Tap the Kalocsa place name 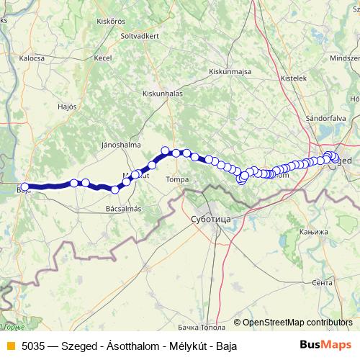(32, 57)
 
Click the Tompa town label (176, 179)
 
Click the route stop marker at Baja (25, 187)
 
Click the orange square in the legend (9, 345)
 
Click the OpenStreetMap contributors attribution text (297, 322)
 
